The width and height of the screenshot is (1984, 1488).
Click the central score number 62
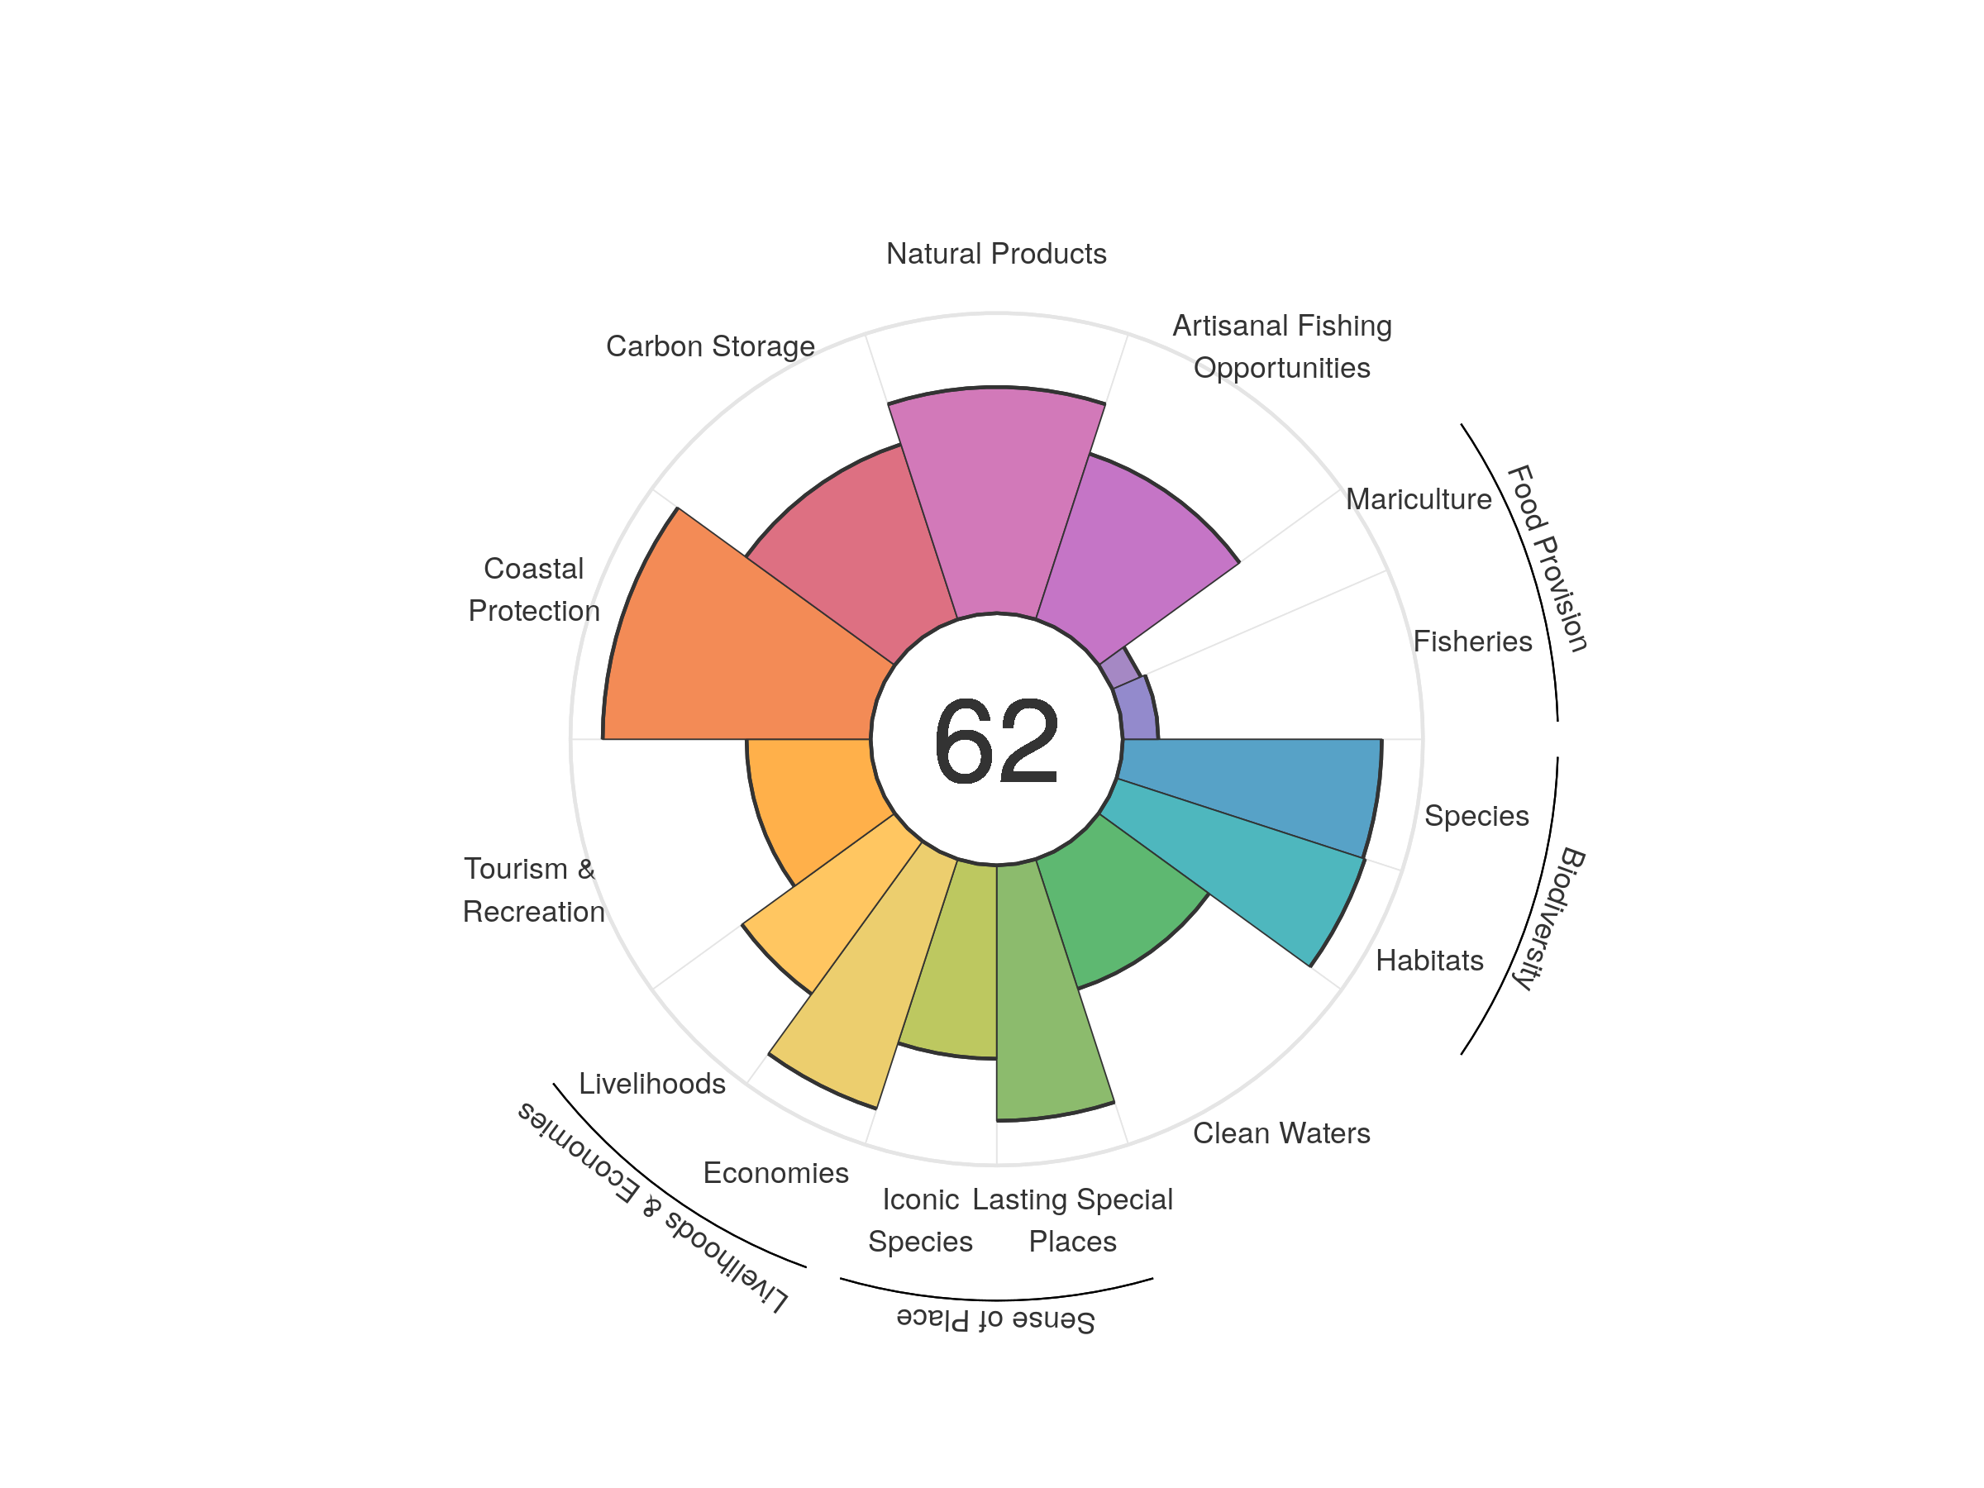(x=995, y=741)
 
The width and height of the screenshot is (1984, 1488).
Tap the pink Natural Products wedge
(x=996, y=503)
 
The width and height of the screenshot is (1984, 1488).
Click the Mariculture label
(x=1418, y=499)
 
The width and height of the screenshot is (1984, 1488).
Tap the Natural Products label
(x=995, y=255)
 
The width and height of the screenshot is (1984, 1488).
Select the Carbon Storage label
(x=710, y=347)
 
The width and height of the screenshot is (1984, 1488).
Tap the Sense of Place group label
(x=995, y=1319)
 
